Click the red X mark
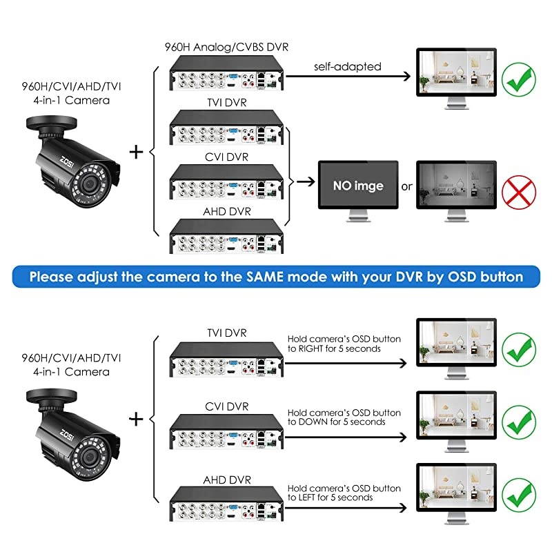coord(517,187)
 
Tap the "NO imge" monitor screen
coord(358,186)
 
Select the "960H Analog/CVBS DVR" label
coord(228,47)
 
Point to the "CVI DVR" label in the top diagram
coord(228,157)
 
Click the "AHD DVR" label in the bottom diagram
coord(228,479)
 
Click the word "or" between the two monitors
coord(407,186)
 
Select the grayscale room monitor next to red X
coord(456,186)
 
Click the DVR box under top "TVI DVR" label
coord(228,130)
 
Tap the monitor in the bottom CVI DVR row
coord(456,415)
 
